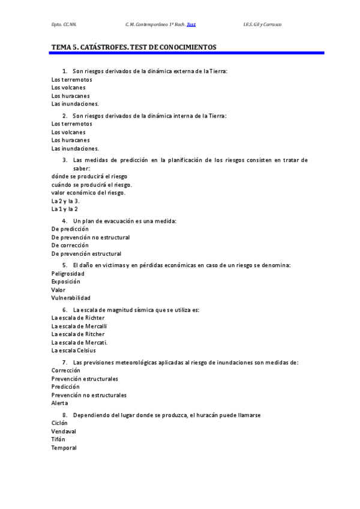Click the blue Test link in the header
[x=191, y=25]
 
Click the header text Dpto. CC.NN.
[x=64, y=25]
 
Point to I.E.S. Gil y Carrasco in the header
[x=262, y=25]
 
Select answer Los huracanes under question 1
[x=71, y=95]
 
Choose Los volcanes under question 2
[x=68, y=132]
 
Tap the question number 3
[x=64, y=160]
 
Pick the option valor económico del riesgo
[x=89, y=193]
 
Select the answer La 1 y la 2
[x=65, y=209]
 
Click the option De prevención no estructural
[x=91, y=237]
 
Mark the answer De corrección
[x=70, y=245]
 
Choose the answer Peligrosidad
[x=68, y=273]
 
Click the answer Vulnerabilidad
[x=71, y=298]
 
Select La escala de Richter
[x=78, y=318]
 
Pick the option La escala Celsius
[x=74, y=350]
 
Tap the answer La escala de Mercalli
[x=79, y=326]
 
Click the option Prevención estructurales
[x=85, y=379]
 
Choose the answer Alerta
[x=59, y=403]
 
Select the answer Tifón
[x=58, y=439]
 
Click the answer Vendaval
[x=63, y=431]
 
